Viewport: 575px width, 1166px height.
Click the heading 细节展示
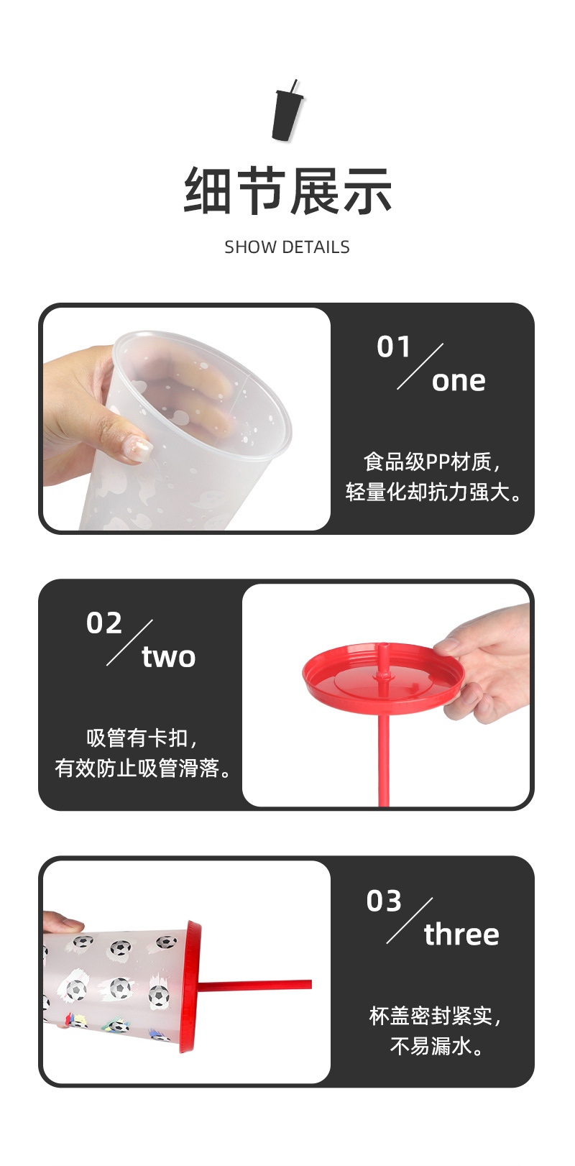coord(287,191)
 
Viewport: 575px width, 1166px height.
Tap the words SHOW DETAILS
coord(287,247)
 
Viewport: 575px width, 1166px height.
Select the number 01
coord(393,346)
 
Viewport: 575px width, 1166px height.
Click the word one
coord(459,381)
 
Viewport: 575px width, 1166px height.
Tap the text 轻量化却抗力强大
coord(433,492)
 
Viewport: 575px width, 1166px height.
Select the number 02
coord(104,623)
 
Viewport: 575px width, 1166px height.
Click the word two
coord(169,657)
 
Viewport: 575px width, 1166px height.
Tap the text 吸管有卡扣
coord(142,738)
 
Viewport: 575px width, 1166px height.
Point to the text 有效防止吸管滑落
coord(142,768)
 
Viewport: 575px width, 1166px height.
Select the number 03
coord(384,901)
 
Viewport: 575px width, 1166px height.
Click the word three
coord(461,935)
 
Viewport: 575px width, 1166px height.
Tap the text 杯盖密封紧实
coord(435,1016)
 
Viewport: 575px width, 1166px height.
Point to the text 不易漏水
coord(436,1046)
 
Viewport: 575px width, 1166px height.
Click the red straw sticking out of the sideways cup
coord(255,984)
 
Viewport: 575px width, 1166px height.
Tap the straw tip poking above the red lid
coord(384,653)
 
